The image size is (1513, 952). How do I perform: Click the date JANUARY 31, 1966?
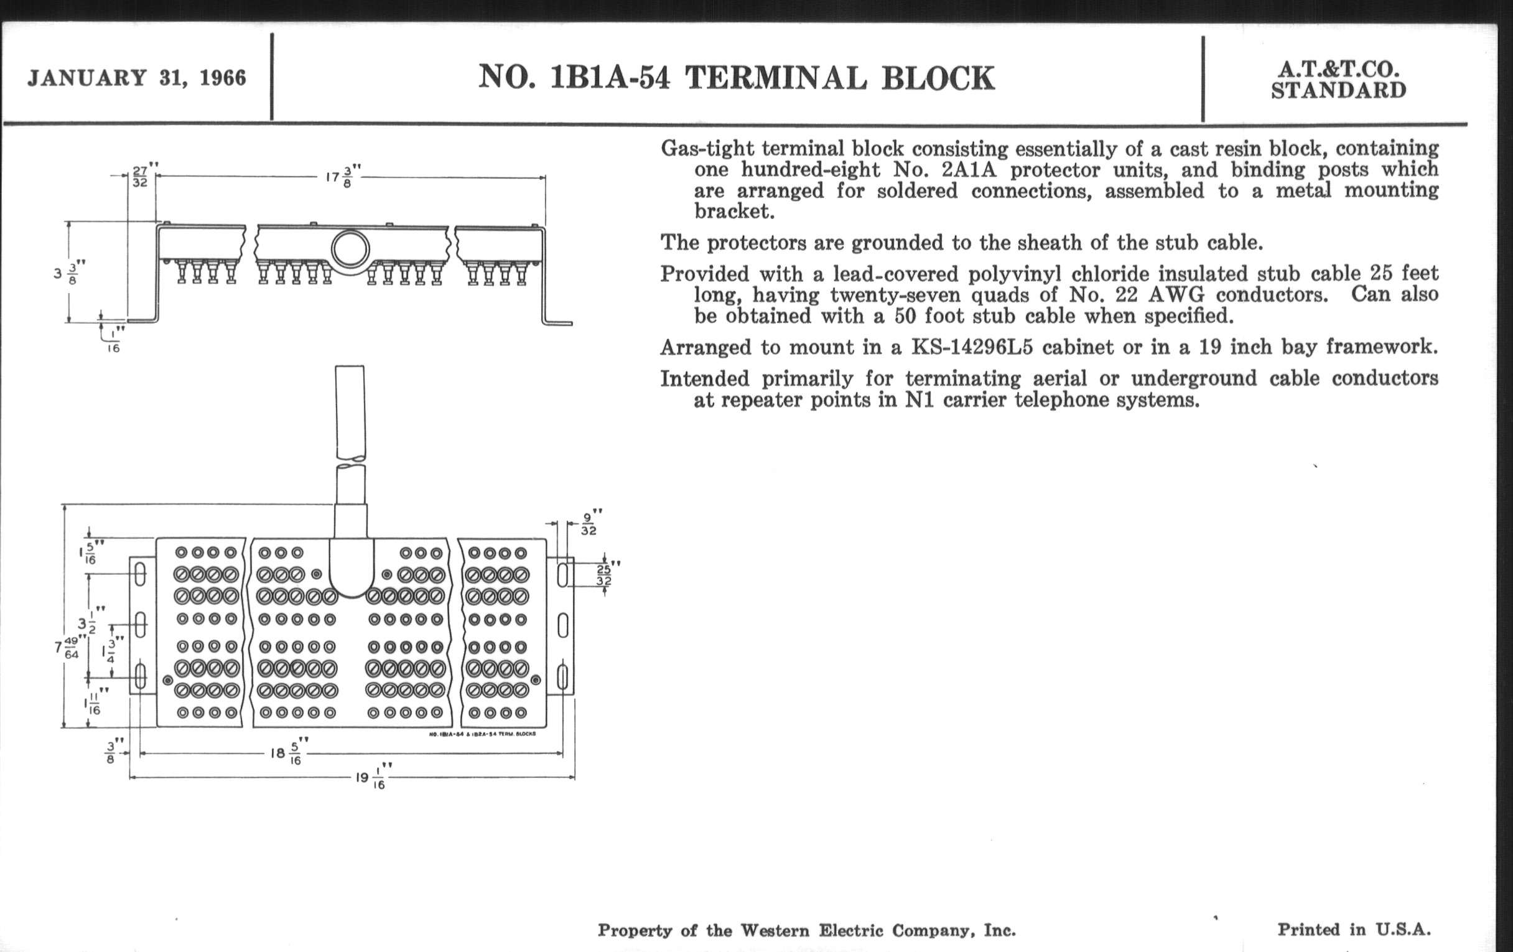click(x=137, y=78)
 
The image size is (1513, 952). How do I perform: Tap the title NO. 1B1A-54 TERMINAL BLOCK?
click(x=737, y=78)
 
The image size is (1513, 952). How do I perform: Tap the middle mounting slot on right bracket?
click(x=563, y=625)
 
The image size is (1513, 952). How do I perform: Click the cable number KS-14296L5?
click(x=972, y=347)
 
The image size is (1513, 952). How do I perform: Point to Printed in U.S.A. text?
click(x=1354, y=930)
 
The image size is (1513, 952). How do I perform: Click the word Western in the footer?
click(x=783, y=930)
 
